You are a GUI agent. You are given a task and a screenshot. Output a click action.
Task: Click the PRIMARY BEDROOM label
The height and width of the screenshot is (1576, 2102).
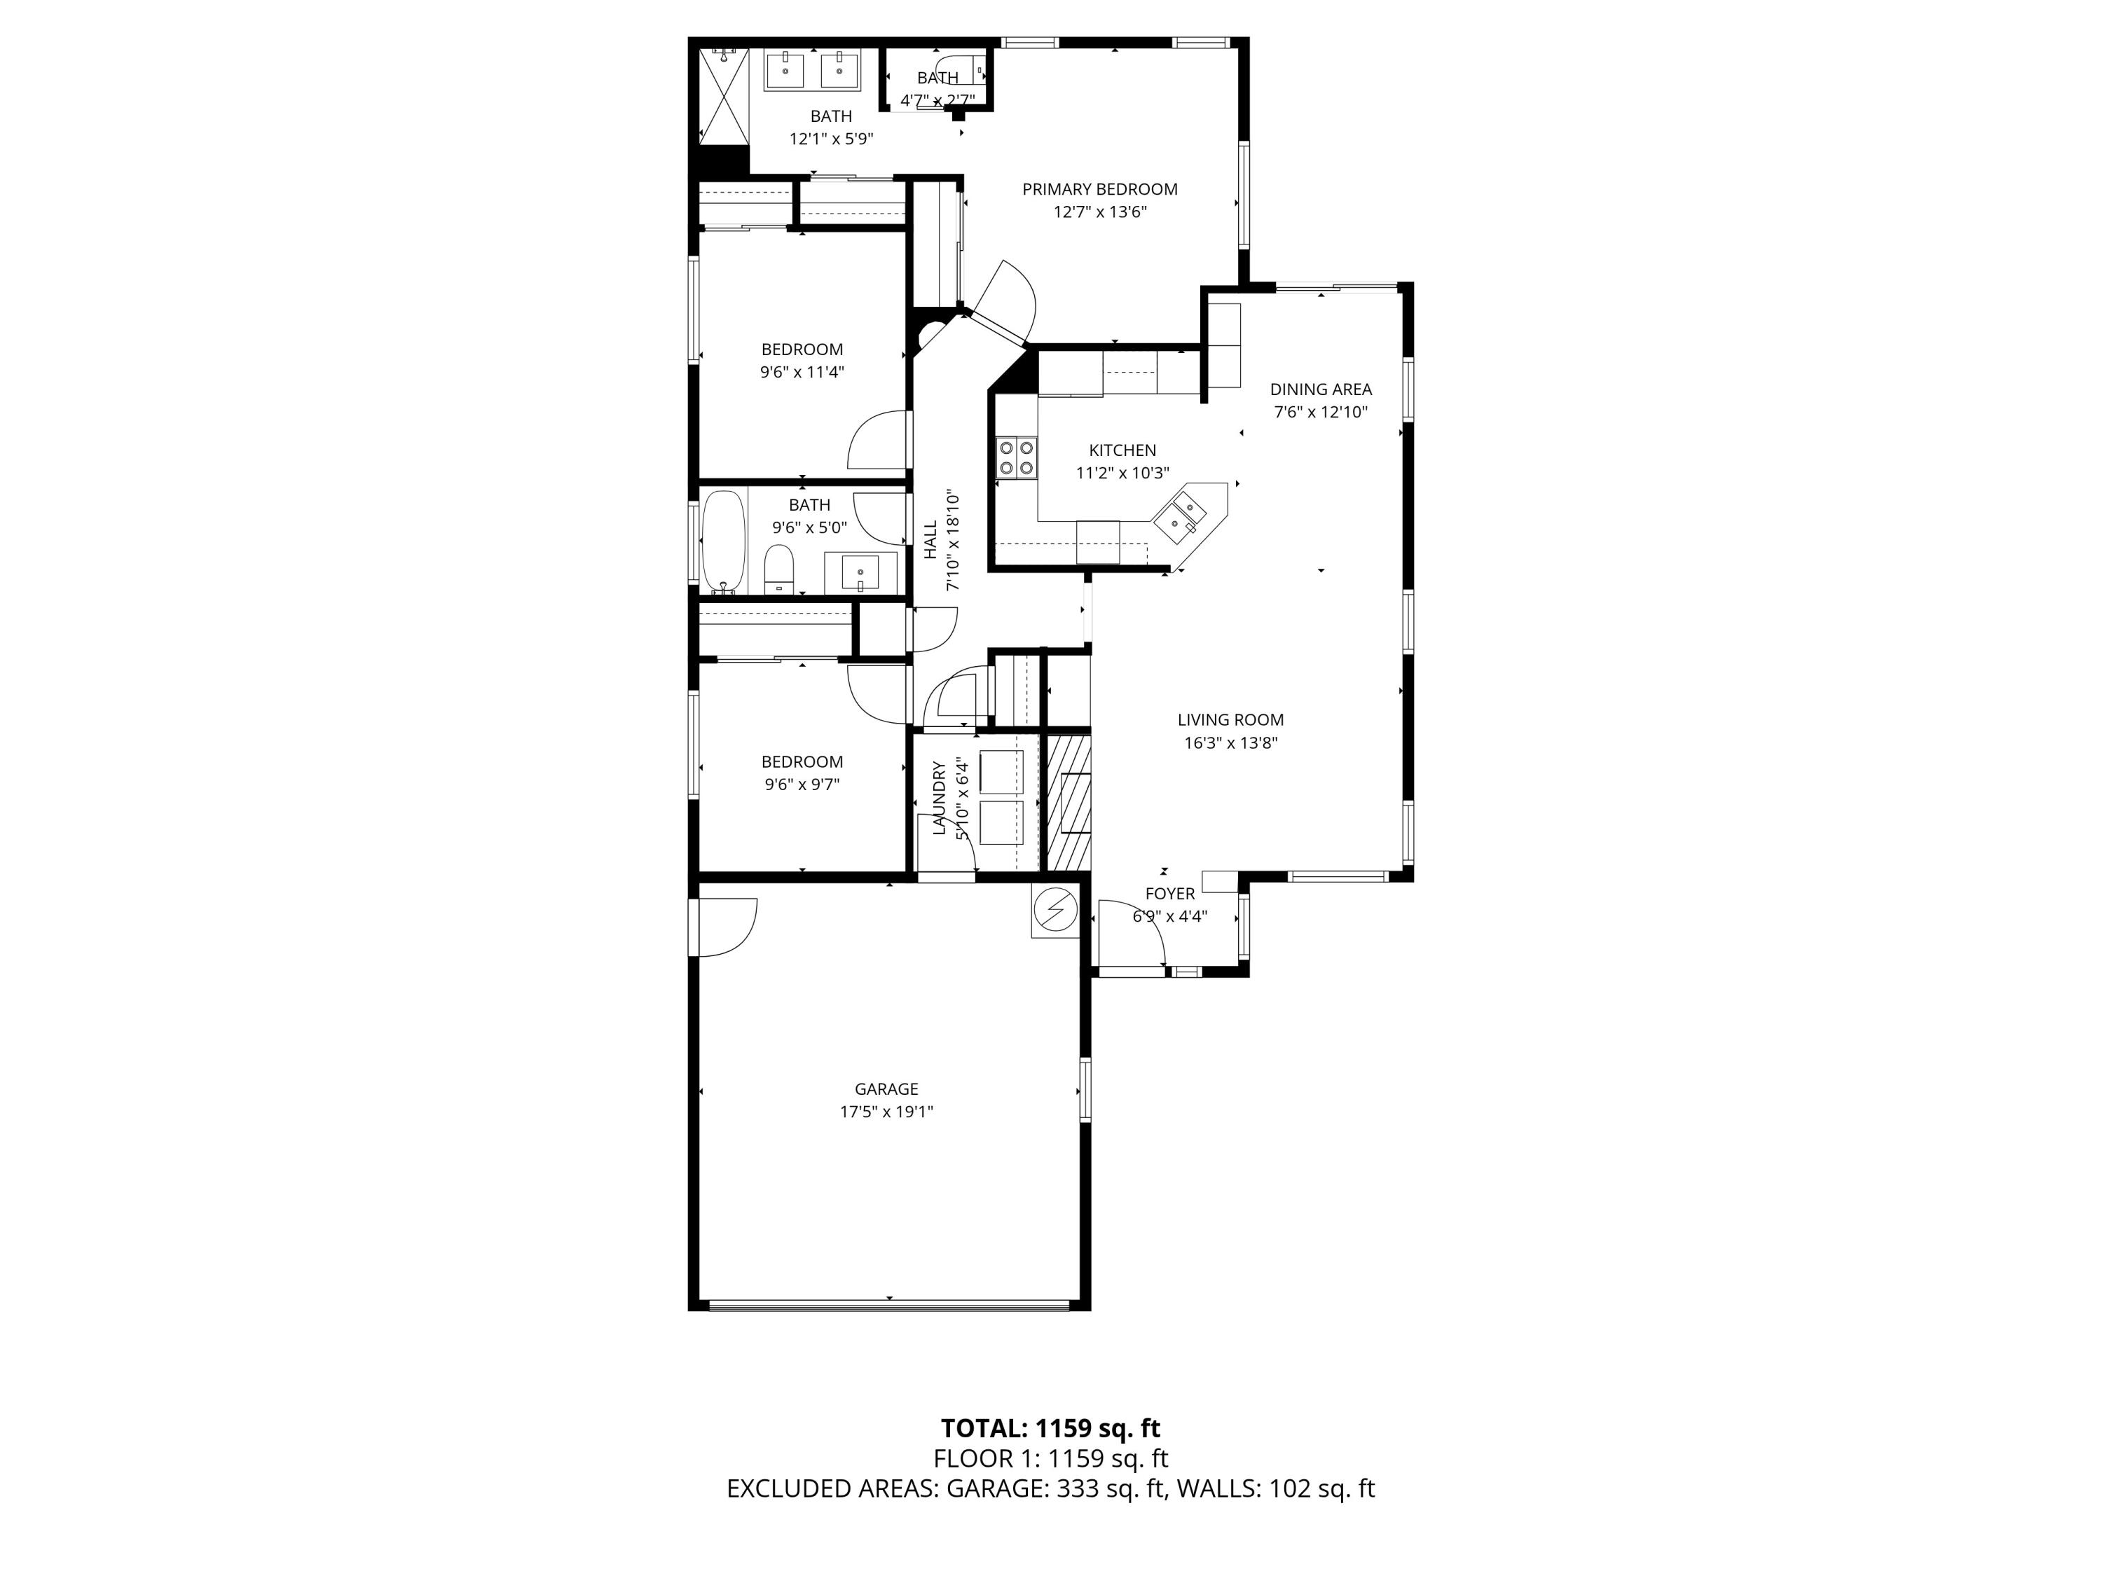pos(1099,189)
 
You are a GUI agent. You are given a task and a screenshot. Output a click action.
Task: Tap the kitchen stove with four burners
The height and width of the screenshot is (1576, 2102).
pos(1016,457)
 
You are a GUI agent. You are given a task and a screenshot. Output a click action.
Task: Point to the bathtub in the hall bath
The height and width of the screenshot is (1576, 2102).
pos(724,541)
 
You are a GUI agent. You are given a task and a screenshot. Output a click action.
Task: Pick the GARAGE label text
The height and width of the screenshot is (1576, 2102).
pos(886,1088)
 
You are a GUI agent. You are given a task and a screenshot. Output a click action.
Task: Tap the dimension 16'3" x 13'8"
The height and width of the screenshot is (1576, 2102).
pos(1230,743)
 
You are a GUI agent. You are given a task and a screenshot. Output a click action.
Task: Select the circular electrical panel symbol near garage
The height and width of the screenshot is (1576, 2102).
pos(1055,913)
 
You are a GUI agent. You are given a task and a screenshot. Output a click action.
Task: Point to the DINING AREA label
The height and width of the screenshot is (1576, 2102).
pos(1320,389)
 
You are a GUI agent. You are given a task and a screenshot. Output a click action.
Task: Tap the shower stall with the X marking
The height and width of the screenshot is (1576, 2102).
pos(724,96)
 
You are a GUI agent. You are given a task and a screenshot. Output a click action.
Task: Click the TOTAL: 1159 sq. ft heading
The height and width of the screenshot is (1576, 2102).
pos(1050,1428)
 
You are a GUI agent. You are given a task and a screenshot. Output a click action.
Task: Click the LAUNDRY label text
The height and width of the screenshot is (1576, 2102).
pos(939,798)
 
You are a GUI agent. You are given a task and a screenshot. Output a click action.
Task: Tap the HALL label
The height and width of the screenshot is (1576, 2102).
pos(930,539)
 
